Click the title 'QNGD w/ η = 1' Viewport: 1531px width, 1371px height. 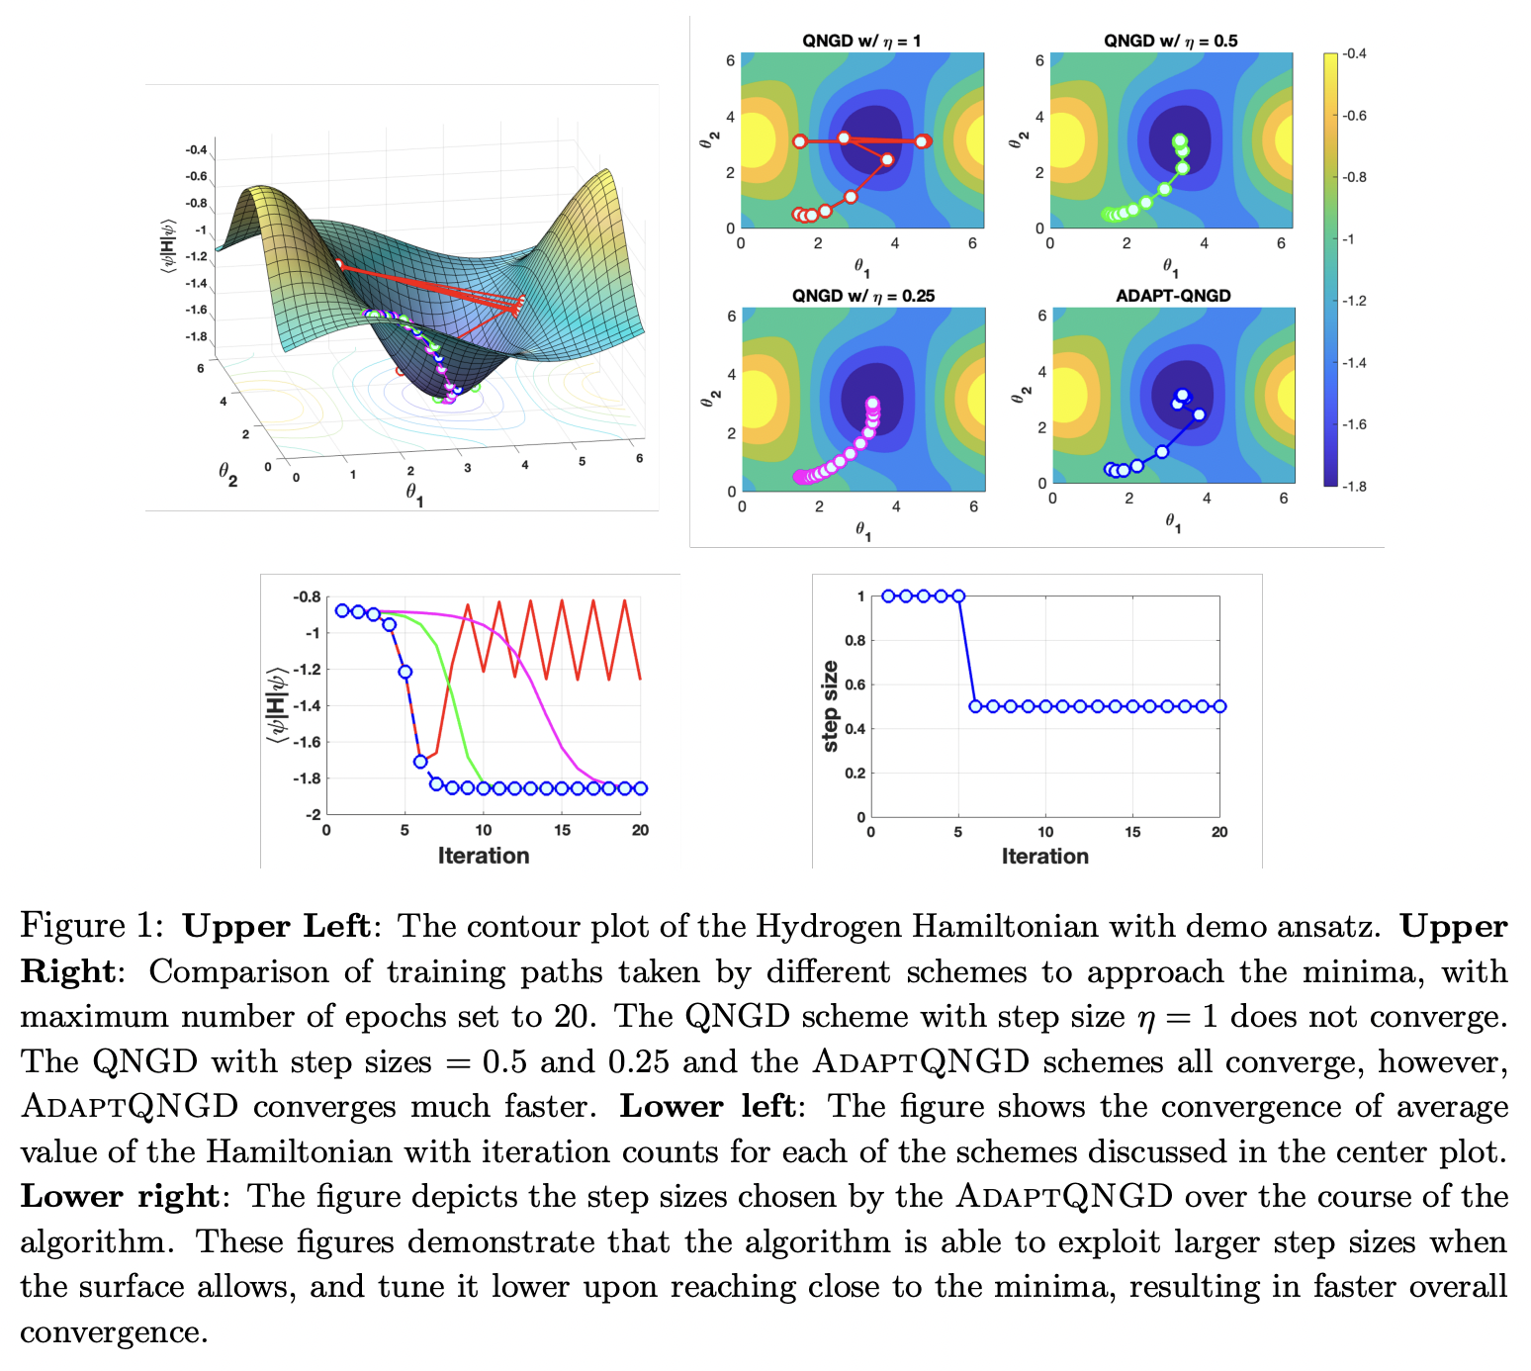click(x=861, y=41)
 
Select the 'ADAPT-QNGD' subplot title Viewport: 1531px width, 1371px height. click(x=1172, y=296)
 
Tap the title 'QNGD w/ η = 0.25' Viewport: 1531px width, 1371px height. click(x=862, y=296)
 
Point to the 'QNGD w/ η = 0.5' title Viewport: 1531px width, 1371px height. click(x=1170, y=41)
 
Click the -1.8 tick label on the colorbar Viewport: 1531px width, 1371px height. click(x=1354, y=486)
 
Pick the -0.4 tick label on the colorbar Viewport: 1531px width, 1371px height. click(x=1354, y=54)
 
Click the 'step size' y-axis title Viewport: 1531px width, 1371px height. click(x=830, y=706)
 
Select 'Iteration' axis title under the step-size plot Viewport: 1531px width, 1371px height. click(x=1044, y=857)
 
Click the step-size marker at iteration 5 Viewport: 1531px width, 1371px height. click(x=958, y=596)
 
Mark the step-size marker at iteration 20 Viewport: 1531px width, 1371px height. click(x=1219, y=706)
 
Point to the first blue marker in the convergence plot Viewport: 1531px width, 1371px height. click(x=342, y=610)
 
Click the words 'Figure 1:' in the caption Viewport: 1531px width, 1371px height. click(x=91, y=927)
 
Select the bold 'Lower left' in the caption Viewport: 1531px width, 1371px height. click(x=707, y=1106)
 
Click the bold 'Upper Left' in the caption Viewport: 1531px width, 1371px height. click(x=276, y=927)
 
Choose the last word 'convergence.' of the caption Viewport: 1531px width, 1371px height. click(x=114, y=1332)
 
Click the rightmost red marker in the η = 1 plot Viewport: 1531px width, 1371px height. click(x=922, y=141)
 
